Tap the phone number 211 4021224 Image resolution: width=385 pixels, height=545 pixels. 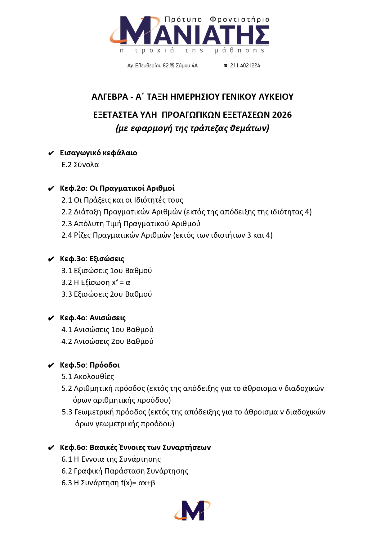[245, 66]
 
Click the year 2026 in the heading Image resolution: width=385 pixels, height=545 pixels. [282, 115]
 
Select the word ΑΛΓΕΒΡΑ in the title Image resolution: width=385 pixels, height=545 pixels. [110, 97]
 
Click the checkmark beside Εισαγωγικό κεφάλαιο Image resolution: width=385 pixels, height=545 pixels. [51, 153]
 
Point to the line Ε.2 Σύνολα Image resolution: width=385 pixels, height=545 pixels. [80, 165]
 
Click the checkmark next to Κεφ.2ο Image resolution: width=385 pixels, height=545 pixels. [51, 189]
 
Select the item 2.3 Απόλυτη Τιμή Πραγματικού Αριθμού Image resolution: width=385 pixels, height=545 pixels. [131, 224]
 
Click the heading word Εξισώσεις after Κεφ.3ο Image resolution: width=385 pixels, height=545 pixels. [107, 259]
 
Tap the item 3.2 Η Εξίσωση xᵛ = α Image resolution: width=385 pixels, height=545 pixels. [96, 282]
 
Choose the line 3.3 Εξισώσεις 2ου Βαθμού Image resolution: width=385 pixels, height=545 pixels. [106, 294]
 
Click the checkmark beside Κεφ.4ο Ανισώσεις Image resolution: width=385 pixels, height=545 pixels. [51, 318]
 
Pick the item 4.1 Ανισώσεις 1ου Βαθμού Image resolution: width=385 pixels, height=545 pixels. [107, 330]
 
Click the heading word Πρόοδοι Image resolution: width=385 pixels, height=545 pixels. [105, 365]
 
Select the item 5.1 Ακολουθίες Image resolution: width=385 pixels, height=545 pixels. [87, 377]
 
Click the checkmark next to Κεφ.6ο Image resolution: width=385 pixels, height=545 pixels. [51, 448]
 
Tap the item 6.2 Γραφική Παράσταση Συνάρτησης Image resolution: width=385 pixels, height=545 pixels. [125, 471]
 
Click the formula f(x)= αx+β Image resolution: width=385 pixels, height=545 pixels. [138, 483]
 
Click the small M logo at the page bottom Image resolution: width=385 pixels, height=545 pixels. [192, 510]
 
